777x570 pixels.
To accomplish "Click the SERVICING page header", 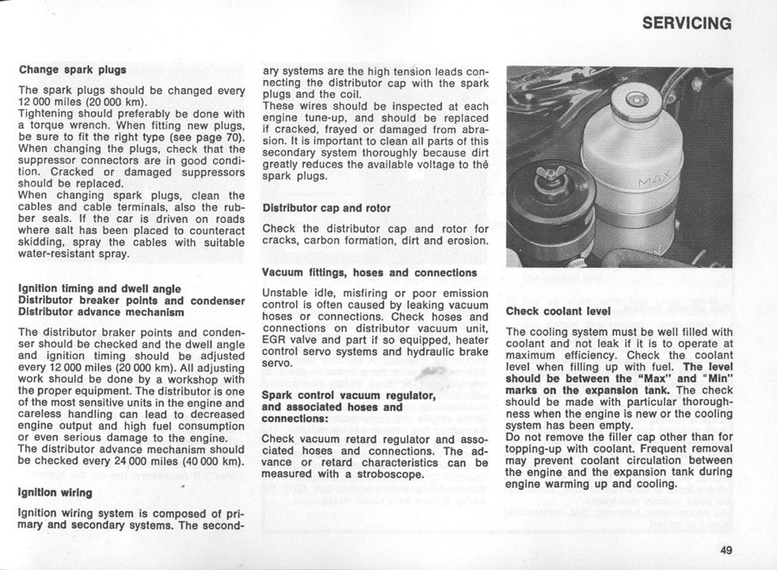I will tap(687, 23).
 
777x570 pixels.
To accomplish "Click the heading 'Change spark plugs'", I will tap(73, 69).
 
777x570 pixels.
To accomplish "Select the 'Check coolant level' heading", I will tap(558, 311).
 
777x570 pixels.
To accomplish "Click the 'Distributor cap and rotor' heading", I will tap(325, 208).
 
